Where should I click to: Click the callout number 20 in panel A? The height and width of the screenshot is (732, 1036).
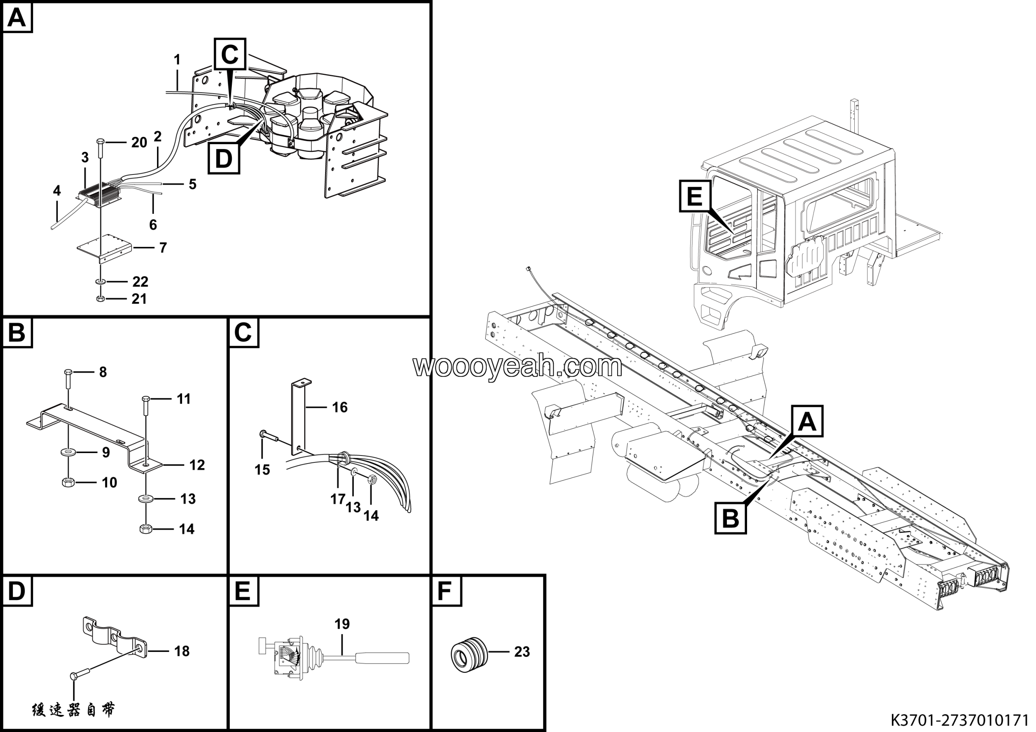tap(139, 143)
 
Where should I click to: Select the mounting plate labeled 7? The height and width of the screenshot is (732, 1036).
tap(104, 248)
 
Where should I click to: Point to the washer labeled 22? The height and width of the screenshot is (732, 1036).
tap(101, 282)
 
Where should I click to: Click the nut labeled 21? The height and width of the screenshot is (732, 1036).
tap(101, 298)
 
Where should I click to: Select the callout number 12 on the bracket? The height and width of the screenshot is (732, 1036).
tap(197, 465)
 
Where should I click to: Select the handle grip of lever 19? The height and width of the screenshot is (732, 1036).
tap(383, 658)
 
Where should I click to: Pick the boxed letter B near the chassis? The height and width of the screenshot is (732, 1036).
tap(730, 518)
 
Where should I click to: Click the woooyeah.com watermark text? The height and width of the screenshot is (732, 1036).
tap(518, 366)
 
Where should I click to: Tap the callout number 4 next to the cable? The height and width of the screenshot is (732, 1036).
tap(56, 190)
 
